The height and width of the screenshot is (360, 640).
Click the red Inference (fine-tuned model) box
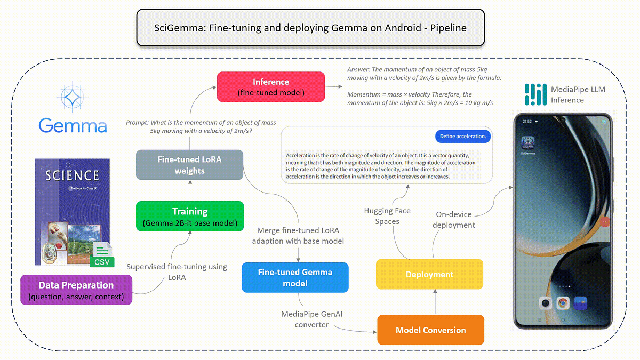(270, 87)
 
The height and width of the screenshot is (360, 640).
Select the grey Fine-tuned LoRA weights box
(189, 165)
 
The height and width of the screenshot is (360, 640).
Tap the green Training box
(189, 216)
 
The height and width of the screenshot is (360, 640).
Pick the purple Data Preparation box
(75, 290)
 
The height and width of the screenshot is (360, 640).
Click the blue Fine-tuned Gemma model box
(295, 277)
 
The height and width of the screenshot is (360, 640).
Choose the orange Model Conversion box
(430, 330)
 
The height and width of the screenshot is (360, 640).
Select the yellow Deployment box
(429, 274)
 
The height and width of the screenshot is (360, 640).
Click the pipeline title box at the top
(310, 28)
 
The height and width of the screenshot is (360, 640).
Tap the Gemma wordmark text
(73, 126)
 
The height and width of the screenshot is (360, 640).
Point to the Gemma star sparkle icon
(71, 97)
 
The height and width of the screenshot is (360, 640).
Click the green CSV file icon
(102, 254)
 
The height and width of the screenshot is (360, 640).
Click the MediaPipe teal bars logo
(535, 94)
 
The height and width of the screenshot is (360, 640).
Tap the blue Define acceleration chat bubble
(462, 137)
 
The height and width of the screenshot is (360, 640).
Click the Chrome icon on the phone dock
(562, 303)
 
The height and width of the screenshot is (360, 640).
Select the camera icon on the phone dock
(545, 303)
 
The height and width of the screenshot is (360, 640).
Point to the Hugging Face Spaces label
(387, 216)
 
